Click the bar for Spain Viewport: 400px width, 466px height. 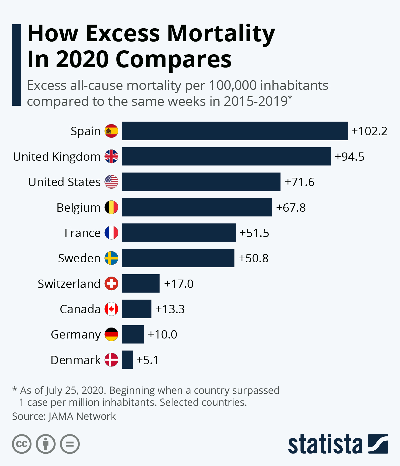tap(235, 131)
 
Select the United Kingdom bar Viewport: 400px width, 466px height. tap(226, 156)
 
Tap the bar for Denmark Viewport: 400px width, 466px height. tap(127, 360)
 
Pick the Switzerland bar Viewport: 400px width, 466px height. tap(141, 284)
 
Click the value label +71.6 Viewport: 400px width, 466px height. tap(300, 182)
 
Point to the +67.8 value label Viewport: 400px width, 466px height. tap(291, 208)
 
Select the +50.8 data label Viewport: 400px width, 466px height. tap(254, 258)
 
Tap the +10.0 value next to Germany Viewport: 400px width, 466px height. tap(162, 335)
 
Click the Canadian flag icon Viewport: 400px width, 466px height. tap(111, 309)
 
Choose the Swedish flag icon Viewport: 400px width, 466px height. tap(111, 258)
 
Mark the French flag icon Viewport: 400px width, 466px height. tap(111, 233)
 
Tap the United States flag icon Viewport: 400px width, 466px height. tap(111, 182)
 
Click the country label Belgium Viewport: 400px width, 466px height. tap(78, 208)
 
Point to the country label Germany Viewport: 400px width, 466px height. tap(76, 335)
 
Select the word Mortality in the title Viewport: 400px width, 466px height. tap(221, 34)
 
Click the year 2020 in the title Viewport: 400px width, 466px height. tap(82, 59)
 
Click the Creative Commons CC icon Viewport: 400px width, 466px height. tap(22, 444)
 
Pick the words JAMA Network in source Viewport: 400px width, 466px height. tap(82, 416)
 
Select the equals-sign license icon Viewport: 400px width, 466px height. tap(70, 444)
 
